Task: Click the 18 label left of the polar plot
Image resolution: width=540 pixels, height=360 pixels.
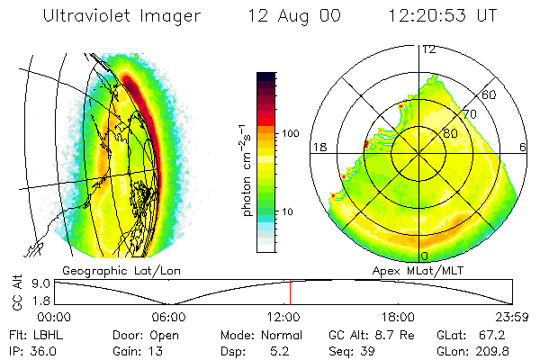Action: pyautogui.click(x=319, y=148)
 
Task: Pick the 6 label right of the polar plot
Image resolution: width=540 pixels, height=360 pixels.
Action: pyautogui.click(x=523, y=148)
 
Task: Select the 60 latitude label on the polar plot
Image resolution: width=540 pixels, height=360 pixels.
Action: pyautogui.click(x=490, y=94)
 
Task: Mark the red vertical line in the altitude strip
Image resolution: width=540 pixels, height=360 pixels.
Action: pyautogui.click(x=290, y=292)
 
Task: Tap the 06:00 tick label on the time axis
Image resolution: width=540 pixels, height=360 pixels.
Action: pyautogui.click(x=168, y=317)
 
